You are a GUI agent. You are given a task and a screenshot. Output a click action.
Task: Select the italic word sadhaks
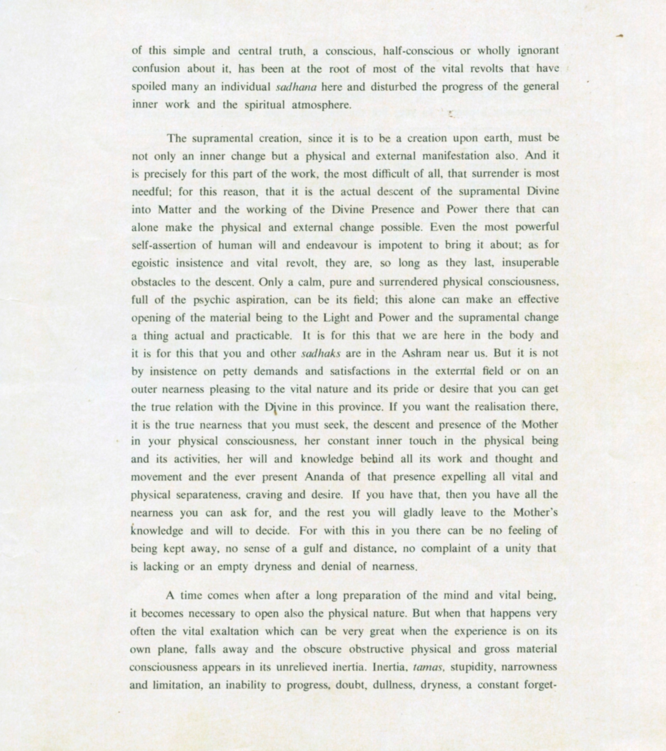click(321, 354)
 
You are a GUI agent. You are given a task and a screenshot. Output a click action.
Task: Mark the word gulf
click(313, 549)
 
